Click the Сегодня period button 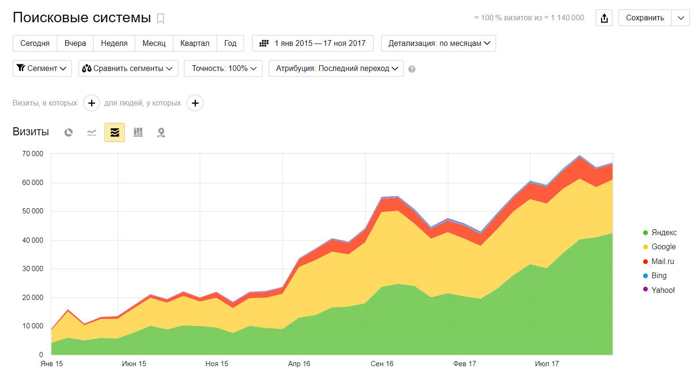pos(35,43)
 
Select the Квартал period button pos(194,43)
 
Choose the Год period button pos(230,43)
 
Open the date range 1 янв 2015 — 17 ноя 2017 pos(313,43)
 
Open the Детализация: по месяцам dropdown pos(438,43)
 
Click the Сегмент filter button pos(42,68)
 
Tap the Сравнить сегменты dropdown pos(128,68)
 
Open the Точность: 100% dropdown pos(223,68)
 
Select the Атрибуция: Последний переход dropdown pos(336,68)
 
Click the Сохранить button pos(645,18)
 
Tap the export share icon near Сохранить pos(604,18)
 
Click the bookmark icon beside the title pos(161,18)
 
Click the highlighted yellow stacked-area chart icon pos(114,132)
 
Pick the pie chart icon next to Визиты pos(69,132)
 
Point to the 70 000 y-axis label pos(33,154)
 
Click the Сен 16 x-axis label pos(382,364)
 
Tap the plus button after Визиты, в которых pos(91,103)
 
